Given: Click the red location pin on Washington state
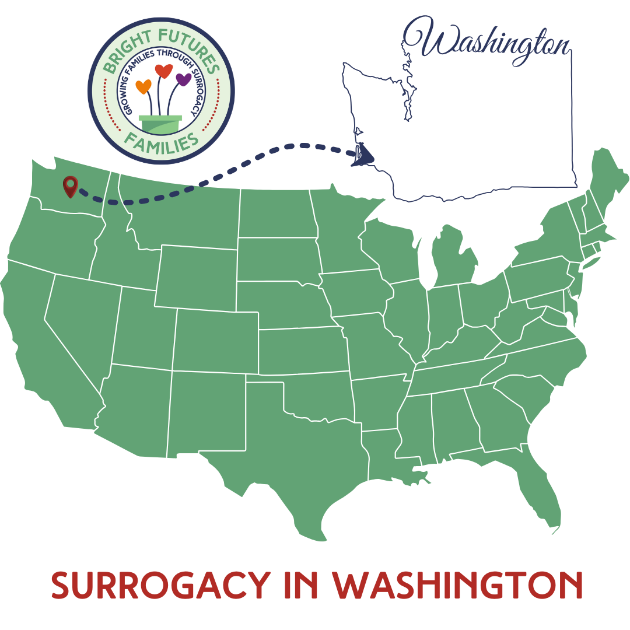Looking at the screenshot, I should [71, 185].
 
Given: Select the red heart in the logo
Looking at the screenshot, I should [163, 71].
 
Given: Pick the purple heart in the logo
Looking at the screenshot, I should [183, 79].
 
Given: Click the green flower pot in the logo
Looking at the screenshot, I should [160, 124].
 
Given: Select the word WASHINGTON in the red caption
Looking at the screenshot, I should [457, 584].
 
